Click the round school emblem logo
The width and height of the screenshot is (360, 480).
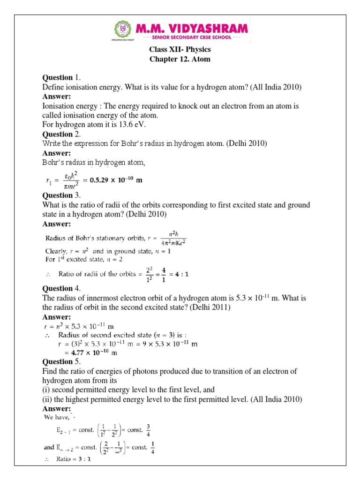[123, 31]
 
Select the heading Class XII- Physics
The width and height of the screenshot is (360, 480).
[180, 49]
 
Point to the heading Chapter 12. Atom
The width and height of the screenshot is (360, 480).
[180, 59]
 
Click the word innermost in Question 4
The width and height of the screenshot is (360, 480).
[102, 298]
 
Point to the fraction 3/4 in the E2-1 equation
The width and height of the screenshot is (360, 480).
[149, 430]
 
